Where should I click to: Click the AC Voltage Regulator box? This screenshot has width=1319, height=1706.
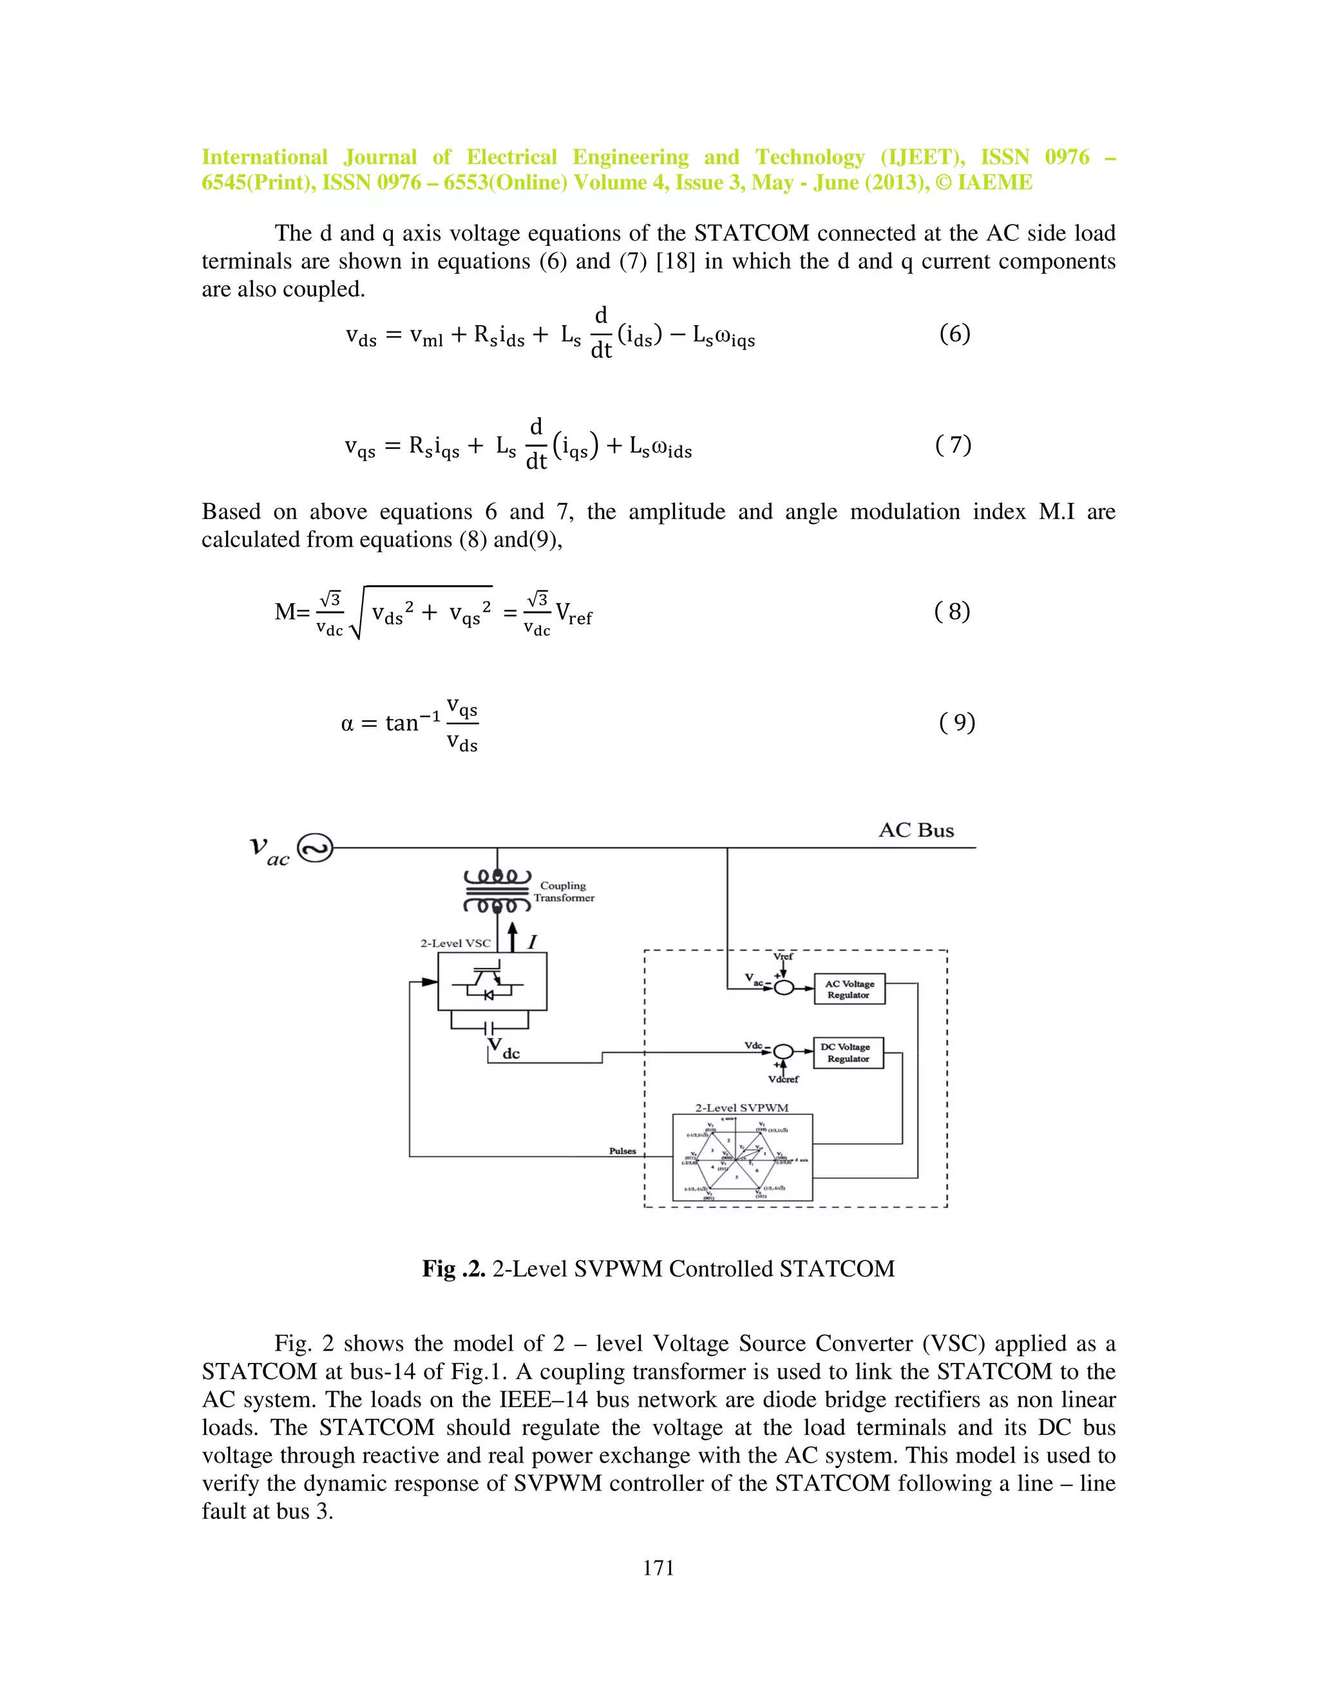click(849, 989)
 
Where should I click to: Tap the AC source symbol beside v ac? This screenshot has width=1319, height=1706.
click(316, 848)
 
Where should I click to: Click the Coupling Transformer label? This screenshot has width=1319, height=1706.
click(564, 891)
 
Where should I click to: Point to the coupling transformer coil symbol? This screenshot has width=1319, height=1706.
click(497, 890)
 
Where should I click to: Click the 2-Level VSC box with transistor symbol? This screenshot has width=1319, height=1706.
click(491, 982)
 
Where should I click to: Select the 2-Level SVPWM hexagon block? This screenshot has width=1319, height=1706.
click(743, 1157)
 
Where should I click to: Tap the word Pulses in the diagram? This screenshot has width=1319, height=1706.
click(622, 1150)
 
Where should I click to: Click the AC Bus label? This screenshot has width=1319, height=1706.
click(916, 830)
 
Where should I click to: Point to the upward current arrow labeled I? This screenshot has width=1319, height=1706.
click(513, 937)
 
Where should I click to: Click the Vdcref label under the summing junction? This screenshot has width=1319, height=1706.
click(783, 1080)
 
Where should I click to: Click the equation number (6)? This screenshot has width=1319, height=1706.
click(954, 334)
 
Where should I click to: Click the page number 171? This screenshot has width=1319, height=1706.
click(658, 1568)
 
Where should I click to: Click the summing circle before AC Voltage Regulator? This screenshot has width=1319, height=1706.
click(784, 988)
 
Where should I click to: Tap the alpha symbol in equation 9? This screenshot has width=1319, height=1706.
click(348, 724)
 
